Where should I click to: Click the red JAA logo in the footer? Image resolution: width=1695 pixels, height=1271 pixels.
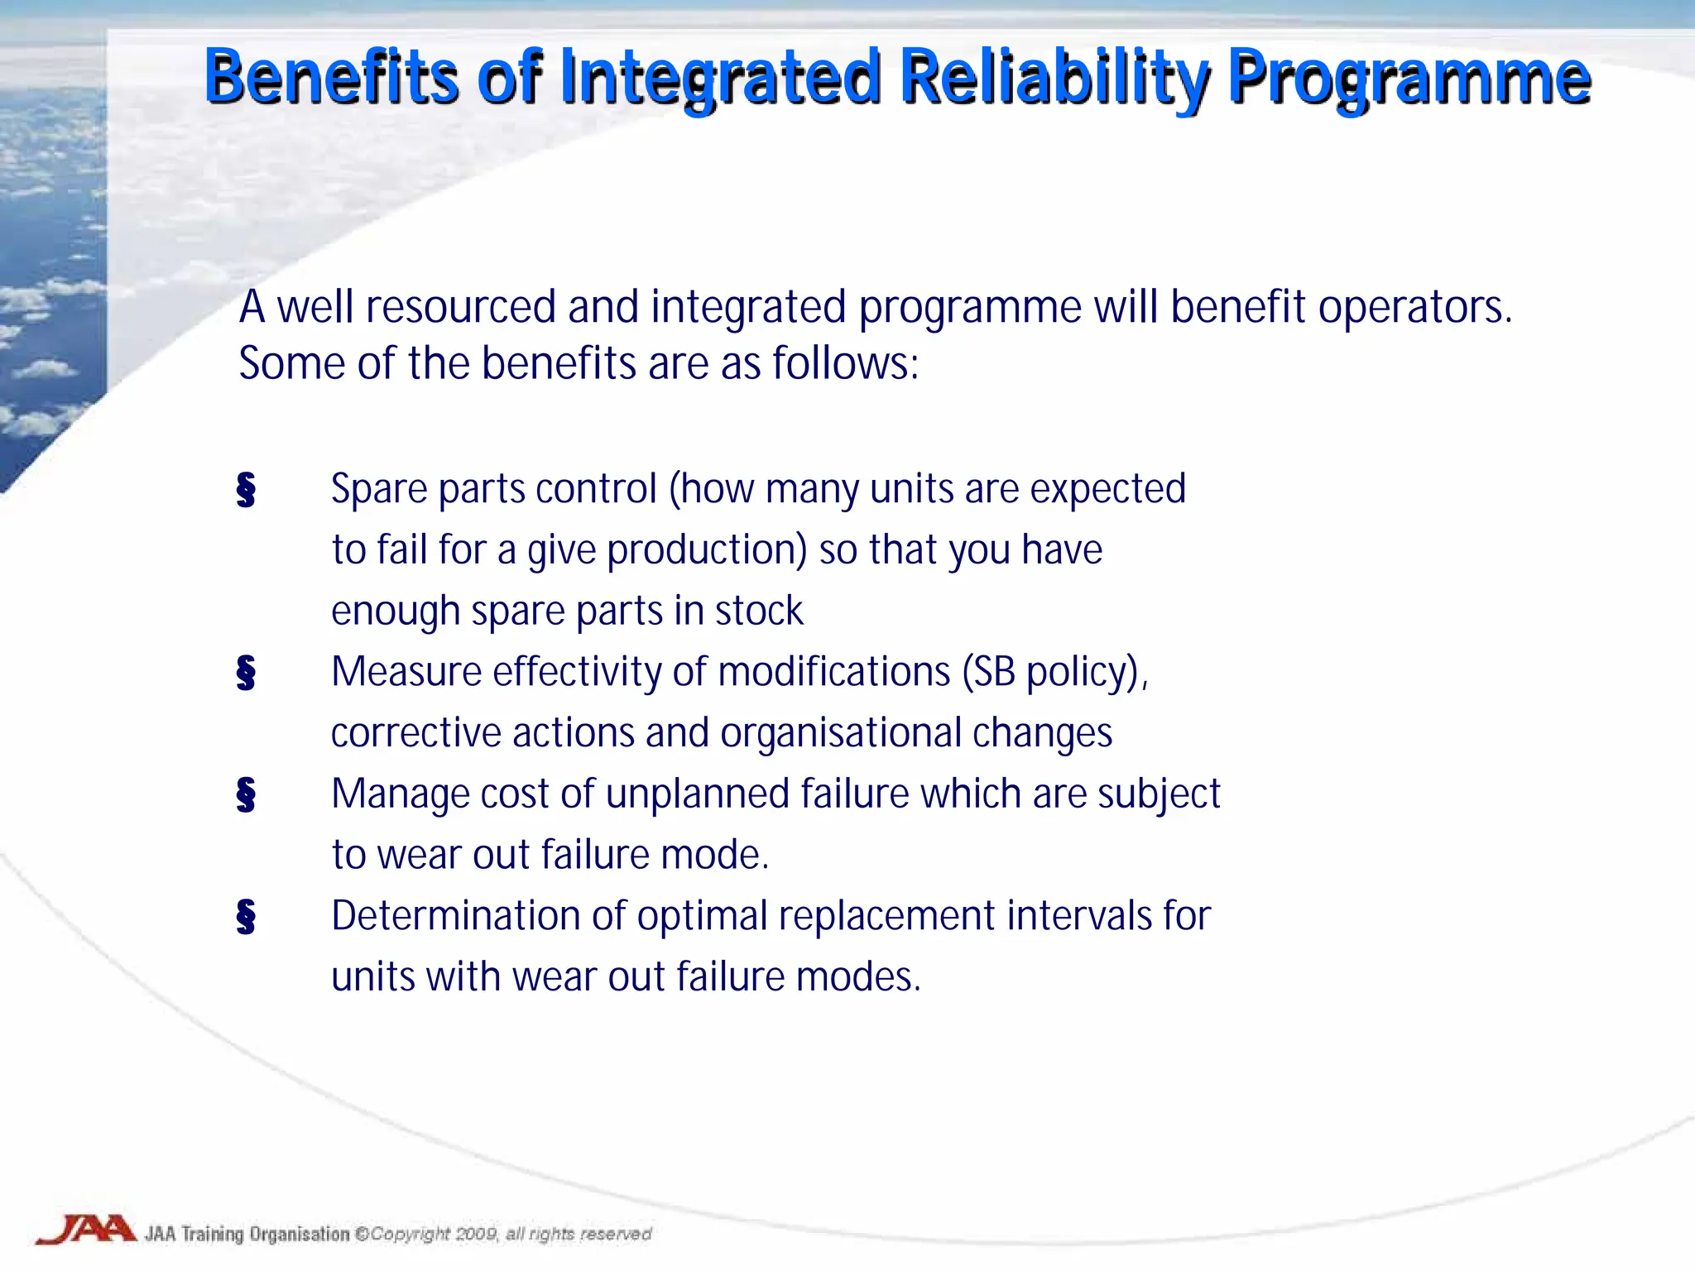pyautogui.click(x=86, y=1230)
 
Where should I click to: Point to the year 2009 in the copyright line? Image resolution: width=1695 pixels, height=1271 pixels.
pyautogui.click(x=476, y=1234)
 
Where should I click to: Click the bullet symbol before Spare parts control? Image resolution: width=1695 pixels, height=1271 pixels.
pyautogui.click(x=246, y=490)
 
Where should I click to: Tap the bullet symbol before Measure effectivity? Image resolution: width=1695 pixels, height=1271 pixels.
pyautogui.click(x=246, y=672)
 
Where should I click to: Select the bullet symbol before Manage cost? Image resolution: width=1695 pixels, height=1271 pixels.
pyautogui.click(x=246, y=794)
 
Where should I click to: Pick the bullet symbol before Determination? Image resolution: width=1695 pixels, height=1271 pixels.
pyautogui.click(x=246, y=916)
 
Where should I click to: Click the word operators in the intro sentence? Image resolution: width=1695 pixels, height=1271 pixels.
pyautogui.click(x=1414, y=308)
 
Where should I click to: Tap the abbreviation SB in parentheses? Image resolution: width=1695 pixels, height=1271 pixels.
pyautogui.click(x=993, y=672)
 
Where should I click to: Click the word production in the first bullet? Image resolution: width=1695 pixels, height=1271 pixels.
pyautogui.click(x=706, y=550)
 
